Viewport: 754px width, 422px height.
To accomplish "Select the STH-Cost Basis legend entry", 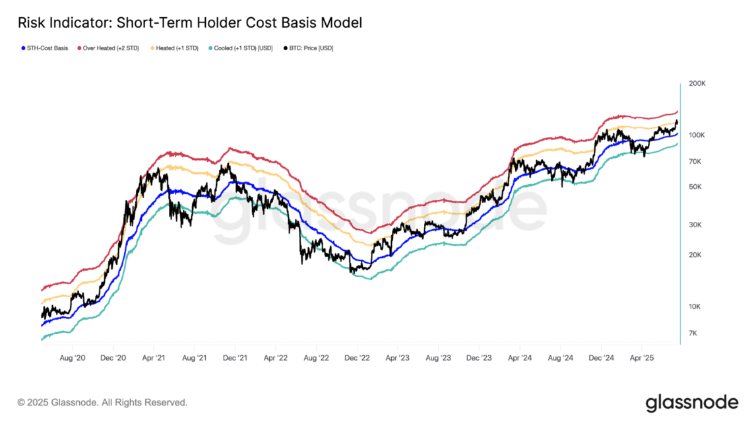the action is [x=45, y=48].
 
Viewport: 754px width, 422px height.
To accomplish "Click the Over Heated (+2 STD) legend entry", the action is [x=108, y=48].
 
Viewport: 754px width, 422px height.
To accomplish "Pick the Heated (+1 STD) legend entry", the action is [x=175, y=48].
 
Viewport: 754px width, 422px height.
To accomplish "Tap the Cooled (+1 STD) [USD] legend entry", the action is [x=240, y=48].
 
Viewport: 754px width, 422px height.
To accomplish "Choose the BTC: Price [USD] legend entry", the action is [x=308, y=48].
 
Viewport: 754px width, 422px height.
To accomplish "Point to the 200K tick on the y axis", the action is [x=697, y=83].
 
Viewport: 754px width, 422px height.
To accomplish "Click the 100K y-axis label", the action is [x=697, y=135].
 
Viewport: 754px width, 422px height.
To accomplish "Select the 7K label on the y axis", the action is [x=693, y=333].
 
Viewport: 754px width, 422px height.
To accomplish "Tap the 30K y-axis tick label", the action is [x=695, y=225].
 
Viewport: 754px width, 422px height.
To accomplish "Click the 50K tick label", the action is [x=695, y=186].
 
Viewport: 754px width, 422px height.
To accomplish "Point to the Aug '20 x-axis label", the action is [x=73, y=358].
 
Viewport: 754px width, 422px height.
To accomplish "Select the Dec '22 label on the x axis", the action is [x=358, y=358].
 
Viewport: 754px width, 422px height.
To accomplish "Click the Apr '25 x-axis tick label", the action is [x=642, y=358].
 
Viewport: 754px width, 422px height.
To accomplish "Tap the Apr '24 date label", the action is [x=520, y=358].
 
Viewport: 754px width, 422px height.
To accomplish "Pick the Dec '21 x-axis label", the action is [x=235, y=358].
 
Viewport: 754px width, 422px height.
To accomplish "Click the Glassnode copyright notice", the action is [x=102, y=402].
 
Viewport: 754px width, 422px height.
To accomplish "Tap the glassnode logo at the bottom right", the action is [x=692, y=404].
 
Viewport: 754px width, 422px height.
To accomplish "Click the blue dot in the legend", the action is [x=23, y=48].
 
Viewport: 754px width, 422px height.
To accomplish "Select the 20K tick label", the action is [x=695, y=254].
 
